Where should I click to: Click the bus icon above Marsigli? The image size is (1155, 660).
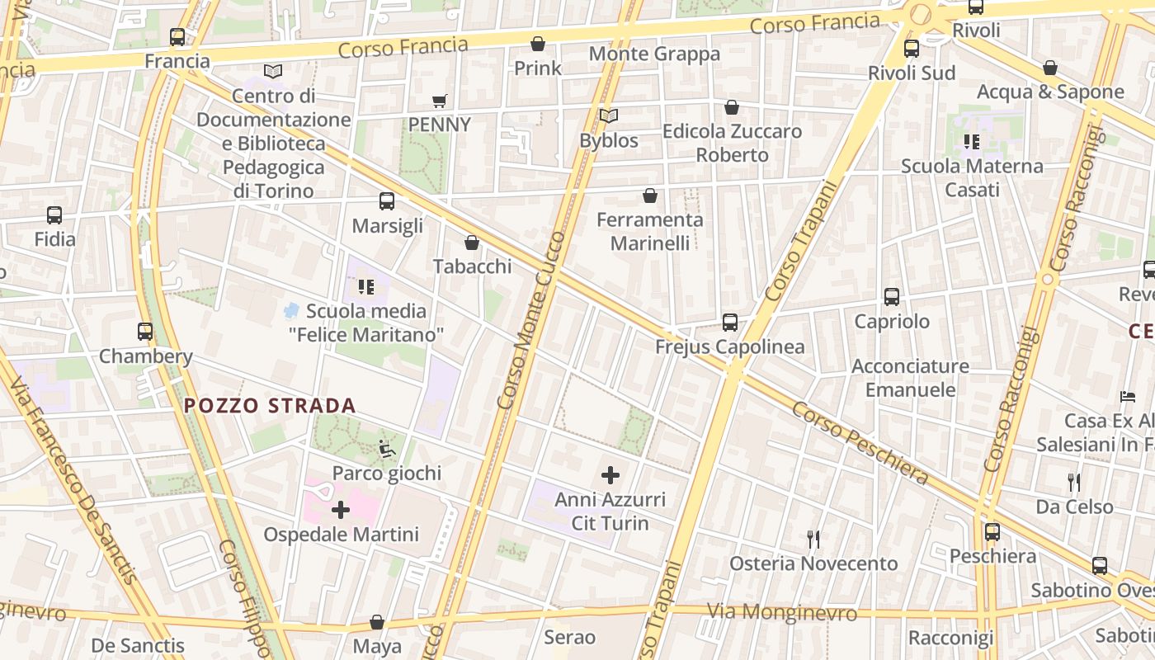(386, 200)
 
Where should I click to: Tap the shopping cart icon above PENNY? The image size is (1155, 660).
(440, 101)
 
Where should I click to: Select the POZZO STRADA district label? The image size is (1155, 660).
(270, 406)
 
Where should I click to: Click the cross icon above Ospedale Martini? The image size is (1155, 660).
(340, 510)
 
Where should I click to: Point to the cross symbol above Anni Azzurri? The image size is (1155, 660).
(610, 475)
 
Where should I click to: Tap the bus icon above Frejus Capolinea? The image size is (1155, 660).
(730, 322)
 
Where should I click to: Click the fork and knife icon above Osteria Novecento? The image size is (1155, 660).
(813, 540)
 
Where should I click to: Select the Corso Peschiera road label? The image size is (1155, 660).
(860, 443)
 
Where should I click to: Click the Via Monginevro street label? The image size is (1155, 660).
(782, 613)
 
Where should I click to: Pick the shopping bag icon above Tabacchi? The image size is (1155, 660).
(472, 243)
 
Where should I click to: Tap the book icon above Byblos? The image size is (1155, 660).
(609, 116)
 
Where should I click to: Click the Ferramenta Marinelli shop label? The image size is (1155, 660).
(650, 231)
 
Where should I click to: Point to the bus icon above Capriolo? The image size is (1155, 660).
(892, 297)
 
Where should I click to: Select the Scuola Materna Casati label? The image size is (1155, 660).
(972, 177)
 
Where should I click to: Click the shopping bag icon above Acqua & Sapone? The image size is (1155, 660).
(1050, 68)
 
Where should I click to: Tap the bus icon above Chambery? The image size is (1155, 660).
(145, 332)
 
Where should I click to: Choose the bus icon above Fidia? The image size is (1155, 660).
(54, 215)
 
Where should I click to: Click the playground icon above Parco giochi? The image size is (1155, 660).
(387, 449)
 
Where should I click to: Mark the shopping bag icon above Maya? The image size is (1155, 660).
(377, 622)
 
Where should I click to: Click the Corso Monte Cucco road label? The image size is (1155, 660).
(533, 320)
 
